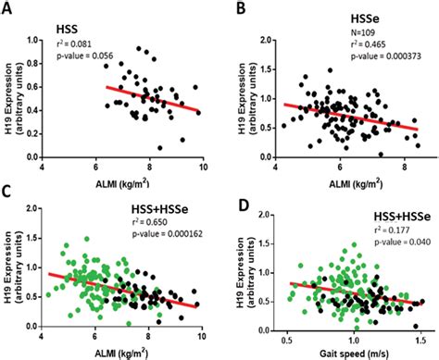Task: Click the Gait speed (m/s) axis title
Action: click(345, 353)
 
